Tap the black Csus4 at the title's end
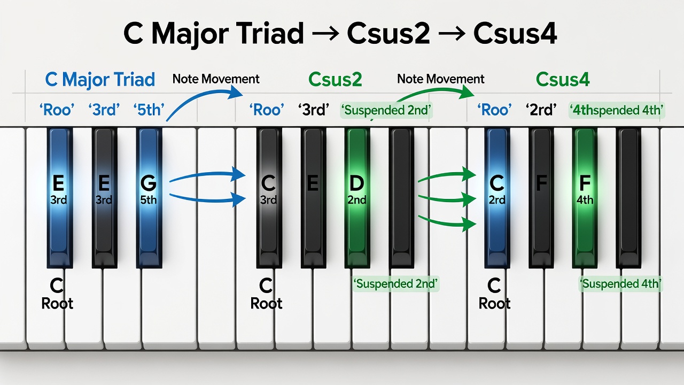pyautogui.click(x=515, y=33)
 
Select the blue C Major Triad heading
pyautogui.click(x=100, y=80)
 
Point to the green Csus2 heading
pyautogui.click(x=335, y=80)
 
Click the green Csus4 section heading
pyautogui.click(x=563, y=80)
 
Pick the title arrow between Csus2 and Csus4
pyautogui.click(x=452, y=33)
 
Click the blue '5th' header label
pyautogui.click(x=149, y=110)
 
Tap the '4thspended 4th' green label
pyautogui.click(x=617, y=110)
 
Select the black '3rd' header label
pyautogui.click(x=314, y=110)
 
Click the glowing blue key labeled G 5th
pyautogui.click(x=149, y=198)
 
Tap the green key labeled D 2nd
pyautogui.click(x=357, y=198)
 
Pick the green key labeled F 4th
pyautogui.click(x=585, y=198)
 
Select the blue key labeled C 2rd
pyautogui.click(x=497, y=198)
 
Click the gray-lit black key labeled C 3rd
pyautogui.click(x=269, y=198)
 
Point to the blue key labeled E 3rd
pyautogui.click(x=59, y=198)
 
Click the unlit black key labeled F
pyautogui.click(x=541, y=198)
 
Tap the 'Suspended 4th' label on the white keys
pyautogui.click(x=620, y=284)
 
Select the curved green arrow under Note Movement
pyautogui.click(x=433, y=93)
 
